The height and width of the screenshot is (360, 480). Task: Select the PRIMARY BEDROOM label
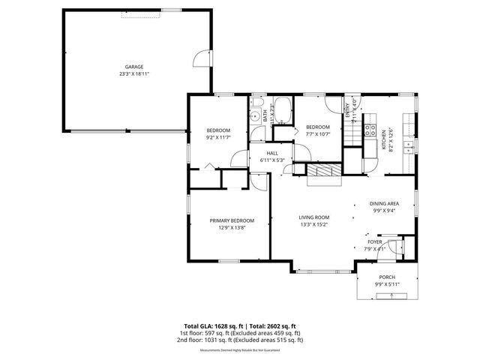click(x=232, y=220)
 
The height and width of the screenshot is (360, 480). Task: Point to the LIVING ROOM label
click(x=315, y=217)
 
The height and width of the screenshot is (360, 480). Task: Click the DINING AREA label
click(x=383, y=203)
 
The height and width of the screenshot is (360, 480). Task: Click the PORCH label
click(x=386, y=277)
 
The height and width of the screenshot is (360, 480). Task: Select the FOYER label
click(x=374, y=242)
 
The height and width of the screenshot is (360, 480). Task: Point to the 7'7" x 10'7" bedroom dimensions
click(x=317, y=134)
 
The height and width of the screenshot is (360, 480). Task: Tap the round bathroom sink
click(x=256, y=115)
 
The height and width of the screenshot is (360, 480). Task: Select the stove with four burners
click(x=369, y=129)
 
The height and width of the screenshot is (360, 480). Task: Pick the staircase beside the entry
click(x=353, y=136)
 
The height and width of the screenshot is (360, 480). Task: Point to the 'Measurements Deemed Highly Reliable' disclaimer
click(x=239, y=350)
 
